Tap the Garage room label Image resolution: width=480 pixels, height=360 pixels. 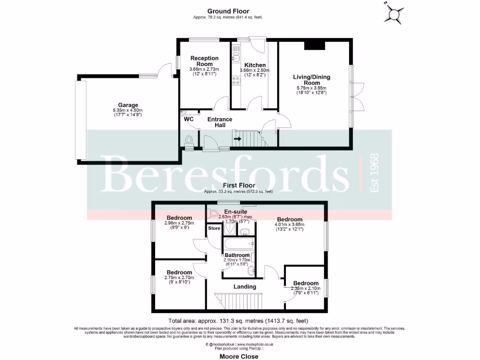128,105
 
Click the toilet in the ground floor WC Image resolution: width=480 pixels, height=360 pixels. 189,140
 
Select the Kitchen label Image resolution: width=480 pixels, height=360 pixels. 255,65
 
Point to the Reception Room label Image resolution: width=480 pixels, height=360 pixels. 204,61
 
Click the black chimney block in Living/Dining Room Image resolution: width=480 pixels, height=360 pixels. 314,45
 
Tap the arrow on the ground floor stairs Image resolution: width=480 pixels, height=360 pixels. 238,139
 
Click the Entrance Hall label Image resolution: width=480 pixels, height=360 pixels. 220,122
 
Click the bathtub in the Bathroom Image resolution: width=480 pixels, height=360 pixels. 239,244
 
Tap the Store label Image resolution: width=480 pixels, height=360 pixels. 214,228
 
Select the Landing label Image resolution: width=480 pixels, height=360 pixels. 245,286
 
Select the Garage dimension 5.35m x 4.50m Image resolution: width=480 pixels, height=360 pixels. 127,110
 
